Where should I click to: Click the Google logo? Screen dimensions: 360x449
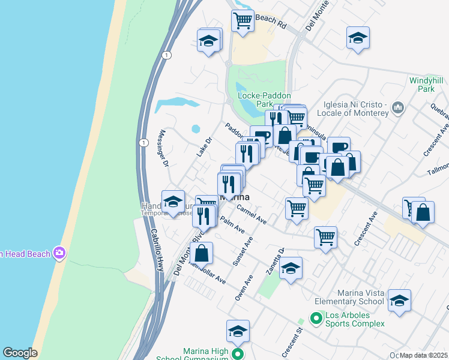(20, 353)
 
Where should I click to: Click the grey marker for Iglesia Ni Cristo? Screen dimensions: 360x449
(397, 109)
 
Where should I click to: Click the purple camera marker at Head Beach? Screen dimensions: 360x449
(59, 253)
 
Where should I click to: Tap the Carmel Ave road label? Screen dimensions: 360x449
(252, 214)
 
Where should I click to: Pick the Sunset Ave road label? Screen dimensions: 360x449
(244, 253)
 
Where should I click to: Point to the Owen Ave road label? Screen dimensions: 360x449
(244, 288)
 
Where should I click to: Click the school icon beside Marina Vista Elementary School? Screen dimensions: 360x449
(399, 301)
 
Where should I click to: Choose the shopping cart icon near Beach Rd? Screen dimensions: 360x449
(243, 21)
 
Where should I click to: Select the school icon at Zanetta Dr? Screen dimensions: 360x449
(291, 268)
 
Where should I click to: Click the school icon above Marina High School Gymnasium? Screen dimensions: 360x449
(238, 331)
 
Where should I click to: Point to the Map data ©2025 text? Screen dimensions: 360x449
(424, 355)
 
